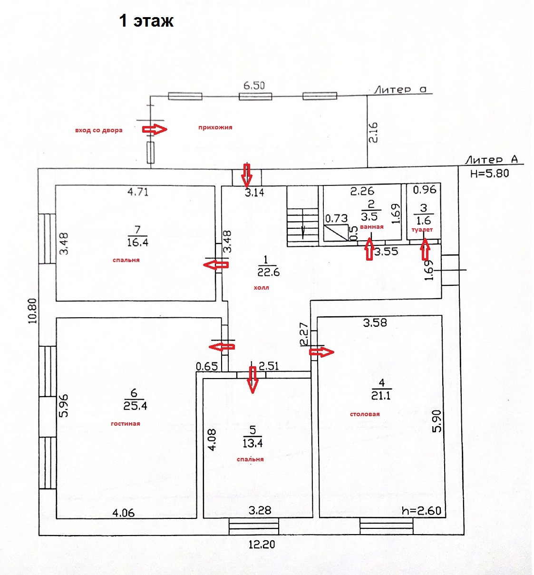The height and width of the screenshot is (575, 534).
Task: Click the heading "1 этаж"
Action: pos(146,21)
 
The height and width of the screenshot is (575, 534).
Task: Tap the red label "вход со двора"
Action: pos(98,130)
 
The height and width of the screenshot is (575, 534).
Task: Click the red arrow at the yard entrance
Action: pos(155,129)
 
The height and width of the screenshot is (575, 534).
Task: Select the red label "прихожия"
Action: pos(215,127)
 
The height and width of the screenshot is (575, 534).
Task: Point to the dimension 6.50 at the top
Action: pos(254,86)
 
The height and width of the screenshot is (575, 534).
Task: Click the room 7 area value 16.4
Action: pos(137,243)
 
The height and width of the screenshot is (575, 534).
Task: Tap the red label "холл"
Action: pos(261,288)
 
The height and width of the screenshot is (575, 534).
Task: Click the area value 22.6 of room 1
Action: pos(268,273)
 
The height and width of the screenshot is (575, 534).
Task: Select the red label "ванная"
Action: pos(371,227)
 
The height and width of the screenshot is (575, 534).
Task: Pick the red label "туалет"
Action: pos(422,230)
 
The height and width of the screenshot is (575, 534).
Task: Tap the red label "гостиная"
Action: pos(125,424)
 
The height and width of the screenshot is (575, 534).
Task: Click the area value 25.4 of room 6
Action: pos(135,406)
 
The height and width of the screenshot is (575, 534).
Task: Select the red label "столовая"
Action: pos(365,414)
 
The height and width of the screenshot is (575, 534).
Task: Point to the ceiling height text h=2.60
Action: pos(421,511)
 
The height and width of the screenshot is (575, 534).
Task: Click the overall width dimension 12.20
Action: pos(262,545)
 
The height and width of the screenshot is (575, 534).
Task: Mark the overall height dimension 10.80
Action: pos(32,311)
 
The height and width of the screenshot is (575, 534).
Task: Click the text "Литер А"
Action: pos(491,160)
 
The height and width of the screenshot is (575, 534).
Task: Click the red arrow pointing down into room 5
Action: pos(252,378)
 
